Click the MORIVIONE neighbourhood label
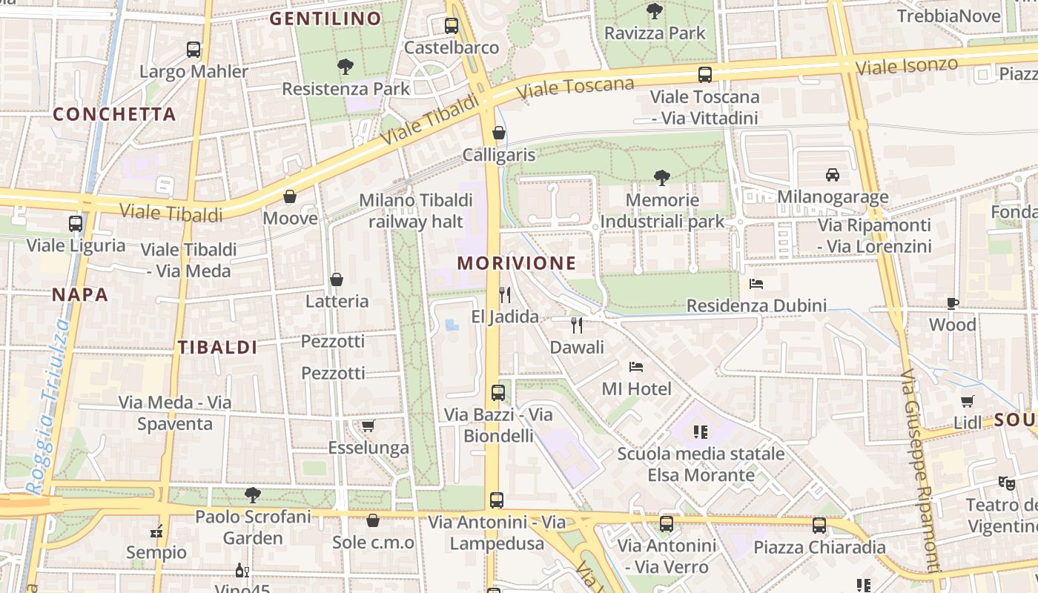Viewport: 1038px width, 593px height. (x=516, y=263)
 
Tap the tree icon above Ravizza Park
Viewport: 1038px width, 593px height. (x=654, y=11)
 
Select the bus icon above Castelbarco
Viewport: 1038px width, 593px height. (x=452, y=26)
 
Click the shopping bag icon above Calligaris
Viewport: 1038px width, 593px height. (x=499, y=133)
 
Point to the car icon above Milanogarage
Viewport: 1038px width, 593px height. (x=832, y=175)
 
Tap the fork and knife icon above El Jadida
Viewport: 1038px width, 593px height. (x=505, y=295)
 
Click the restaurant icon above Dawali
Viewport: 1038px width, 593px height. (x=577, y=325)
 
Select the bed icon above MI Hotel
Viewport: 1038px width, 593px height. (x=636, y=366)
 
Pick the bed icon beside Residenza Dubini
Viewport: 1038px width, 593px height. (x=756, y=283)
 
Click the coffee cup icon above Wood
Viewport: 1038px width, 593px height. (x=953, y=302)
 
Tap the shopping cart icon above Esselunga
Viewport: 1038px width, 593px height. (x=368, y=425)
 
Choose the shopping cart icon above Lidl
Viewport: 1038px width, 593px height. (x=967, y=401)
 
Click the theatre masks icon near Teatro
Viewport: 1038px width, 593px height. (x=1006, y=483)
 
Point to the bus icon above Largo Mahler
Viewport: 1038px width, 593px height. (x=194, y=50)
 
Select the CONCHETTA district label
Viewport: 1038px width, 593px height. (x=114, y=114)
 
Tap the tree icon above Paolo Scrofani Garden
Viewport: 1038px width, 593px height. (x=252, y=494)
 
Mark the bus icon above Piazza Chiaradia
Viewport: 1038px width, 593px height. (x=819, y=526)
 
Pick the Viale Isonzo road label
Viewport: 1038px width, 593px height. (x=906, y=65)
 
